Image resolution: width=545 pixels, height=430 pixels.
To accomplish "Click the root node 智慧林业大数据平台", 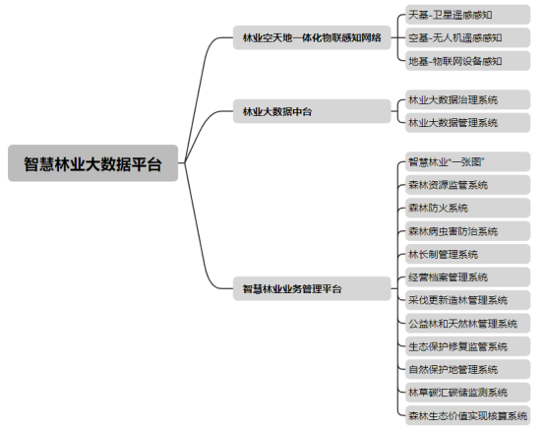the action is point(92,163).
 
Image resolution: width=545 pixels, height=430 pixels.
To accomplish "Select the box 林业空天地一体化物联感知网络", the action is point(312,37).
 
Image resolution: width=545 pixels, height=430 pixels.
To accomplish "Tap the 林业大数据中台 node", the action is point(312,111).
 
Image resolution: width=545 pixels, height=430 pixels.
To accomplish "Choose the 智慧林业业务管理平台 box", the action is point(312,288).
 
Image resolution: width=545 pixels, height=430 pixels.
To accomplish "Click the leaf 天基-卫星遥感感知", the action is point(468,15).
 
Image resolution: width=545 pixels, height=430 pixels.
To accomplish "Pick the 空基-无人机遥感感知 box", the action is point(468,37).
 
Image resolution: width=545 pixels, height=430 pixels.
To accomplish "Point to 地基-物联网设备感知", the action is point(468,61).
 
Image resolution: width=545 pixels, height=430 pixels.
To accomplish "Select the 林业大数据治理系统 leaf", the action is point(468,99).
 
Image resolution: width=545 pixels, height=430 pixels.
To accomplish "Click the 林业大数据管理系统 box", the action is point(468,123).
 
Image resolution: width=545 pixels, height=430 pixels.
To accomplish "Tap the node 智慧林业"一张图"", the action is point(468,161).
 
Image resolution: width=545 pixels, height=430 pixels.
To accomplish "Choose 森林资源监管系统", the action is point(468,185).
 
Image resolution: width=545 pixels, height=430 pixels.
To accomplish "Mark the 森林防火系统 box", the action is point(468,208).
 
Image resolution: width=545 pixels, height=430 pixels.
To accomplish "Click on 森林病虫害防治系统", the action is point(468,231).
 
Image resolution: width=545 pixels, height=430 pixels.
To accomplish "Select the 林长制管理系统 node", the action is point(468,254).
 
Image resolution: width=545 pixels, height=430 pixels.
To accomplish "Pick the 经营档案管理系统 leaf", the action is point(468,277).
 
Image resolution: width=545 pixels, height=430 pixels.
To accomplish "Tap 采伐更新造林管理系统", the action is point(468,300).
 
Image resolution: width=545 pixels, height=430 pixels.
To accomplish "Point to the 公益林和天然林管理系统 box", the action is point(468,324).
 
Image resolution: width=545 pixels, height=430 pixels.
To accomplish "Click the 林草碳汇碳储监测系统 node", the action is point(468,393).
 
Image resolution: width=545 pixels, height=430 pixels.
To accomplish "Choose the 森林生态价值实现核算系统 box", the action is point(468,415).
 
